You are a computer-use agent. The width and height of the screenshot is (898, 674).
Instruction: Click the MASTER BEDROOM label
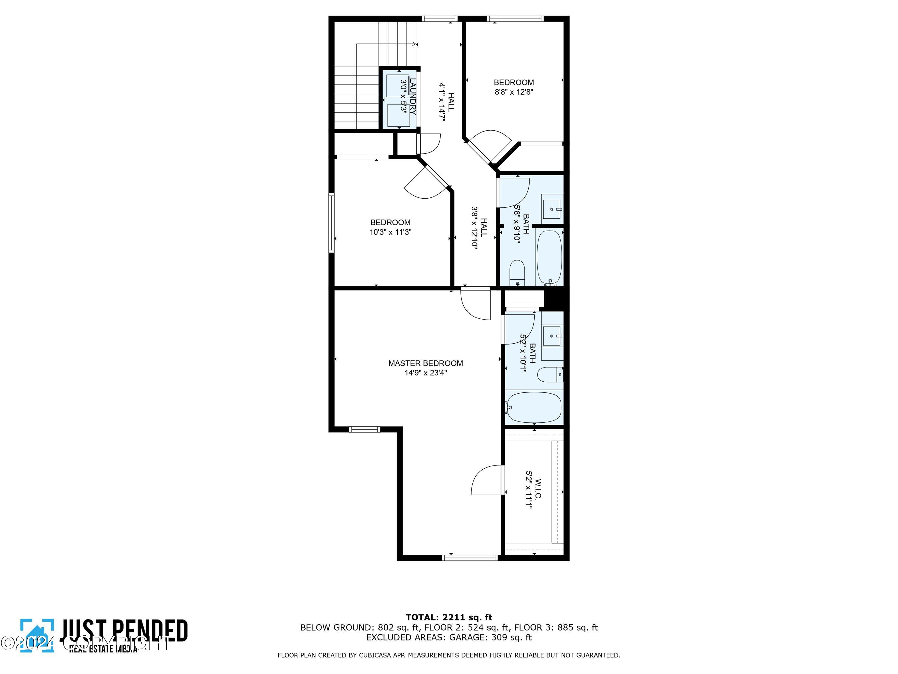(425, 363)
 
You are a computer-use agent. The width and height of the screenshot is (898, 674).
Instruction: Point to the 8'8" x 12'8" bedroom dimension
(514, 92)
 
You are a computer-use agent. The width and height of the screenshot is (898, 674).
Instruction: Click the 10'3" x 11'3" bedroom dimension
(390, 232)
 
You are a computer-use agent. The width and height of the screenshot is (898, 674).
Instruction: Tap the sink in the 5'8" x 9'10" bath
(552, 205)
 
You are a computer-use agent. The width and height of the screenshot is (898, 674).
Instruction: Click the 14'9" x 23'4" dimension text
(425, 373)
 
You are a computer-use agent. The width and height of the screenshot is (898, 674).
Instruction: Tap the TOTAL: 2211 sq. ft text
(449, 617)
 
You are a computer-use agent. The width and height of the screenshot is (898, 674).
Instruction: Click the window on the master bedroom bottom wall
(470, 558)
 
